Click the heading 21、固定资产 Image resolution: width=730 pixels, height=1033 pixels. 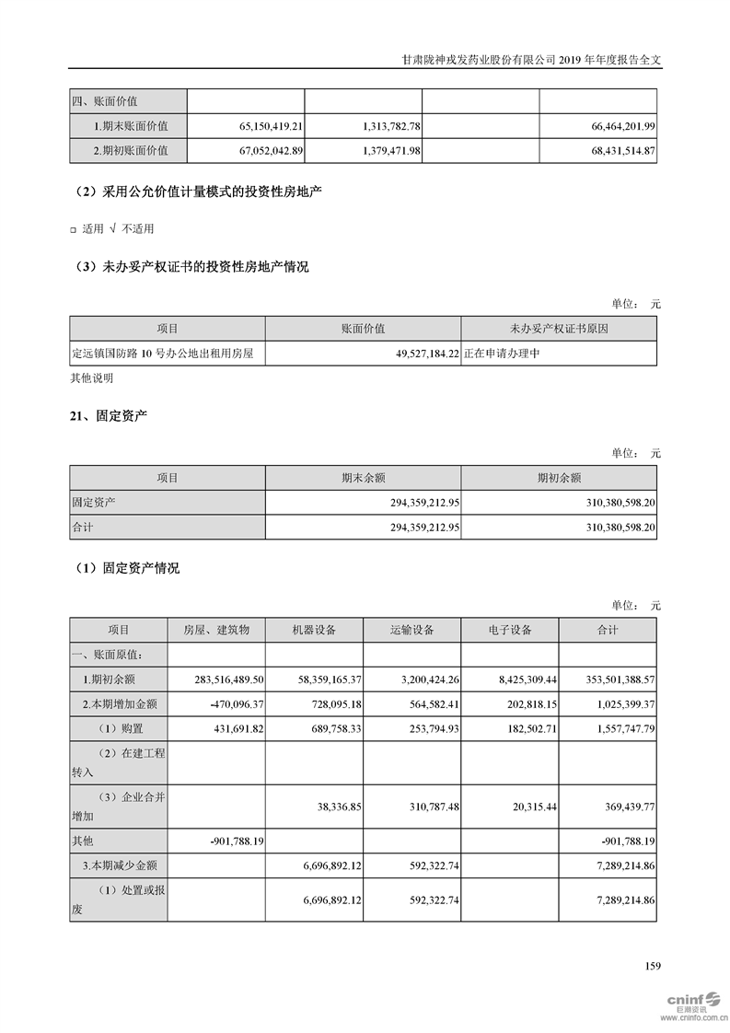click(x=109, y=417)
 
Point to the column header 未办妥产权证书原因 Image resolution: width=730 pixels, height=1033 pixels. click(x=559, y=329)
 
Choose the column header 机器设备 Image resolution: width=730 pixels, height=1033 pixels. click(x=314, y=630)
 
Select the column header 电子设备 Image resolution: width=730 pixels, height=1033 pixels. click(x=509, y=630)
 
